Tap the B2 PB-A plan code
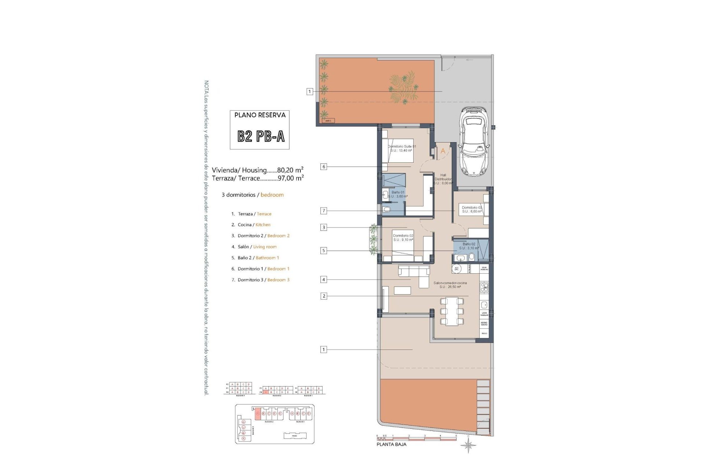261,136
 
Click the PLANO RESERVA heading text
260,115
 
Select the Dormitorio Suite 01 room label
402,148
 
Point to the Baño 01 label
398,194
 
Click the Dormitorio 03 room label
472,209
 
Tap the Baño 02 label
469,246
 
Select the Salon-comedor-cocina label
450,285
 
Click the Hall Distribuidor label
443,179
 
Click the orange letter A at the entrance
443,151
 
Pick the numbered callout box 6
323,167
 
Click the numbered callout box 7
323,211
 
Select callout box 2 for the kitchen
323,296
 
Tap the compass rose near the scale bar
469,446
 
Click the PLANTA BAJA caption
391,444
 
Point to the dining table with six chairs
451,311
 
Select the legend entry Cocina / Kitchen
254,225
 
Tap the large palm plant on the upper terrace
403,90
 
